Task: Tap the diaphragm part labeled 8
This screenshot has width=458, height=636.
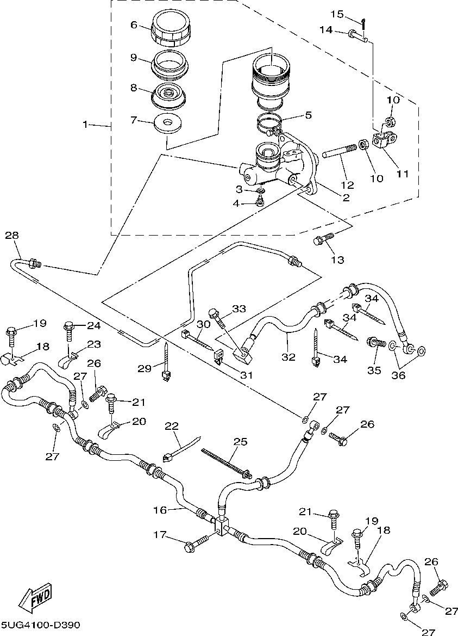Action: [x=168, y=96]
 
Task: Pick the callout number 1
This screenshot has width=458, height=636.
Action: [x=85, y=125]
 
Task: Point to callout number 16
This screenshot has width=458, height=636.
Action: [x=160, y=510]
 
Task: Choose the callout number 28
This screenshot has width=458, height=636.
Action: [x=12, y=236]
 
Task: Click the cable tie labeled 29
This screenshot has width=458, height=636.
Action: [x=166, y=362]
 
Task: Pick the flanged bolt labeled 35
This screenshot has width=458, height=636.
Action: [x=376, y=342]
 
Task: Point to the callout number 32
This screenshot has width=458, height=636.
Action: [x=289, y=357]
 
